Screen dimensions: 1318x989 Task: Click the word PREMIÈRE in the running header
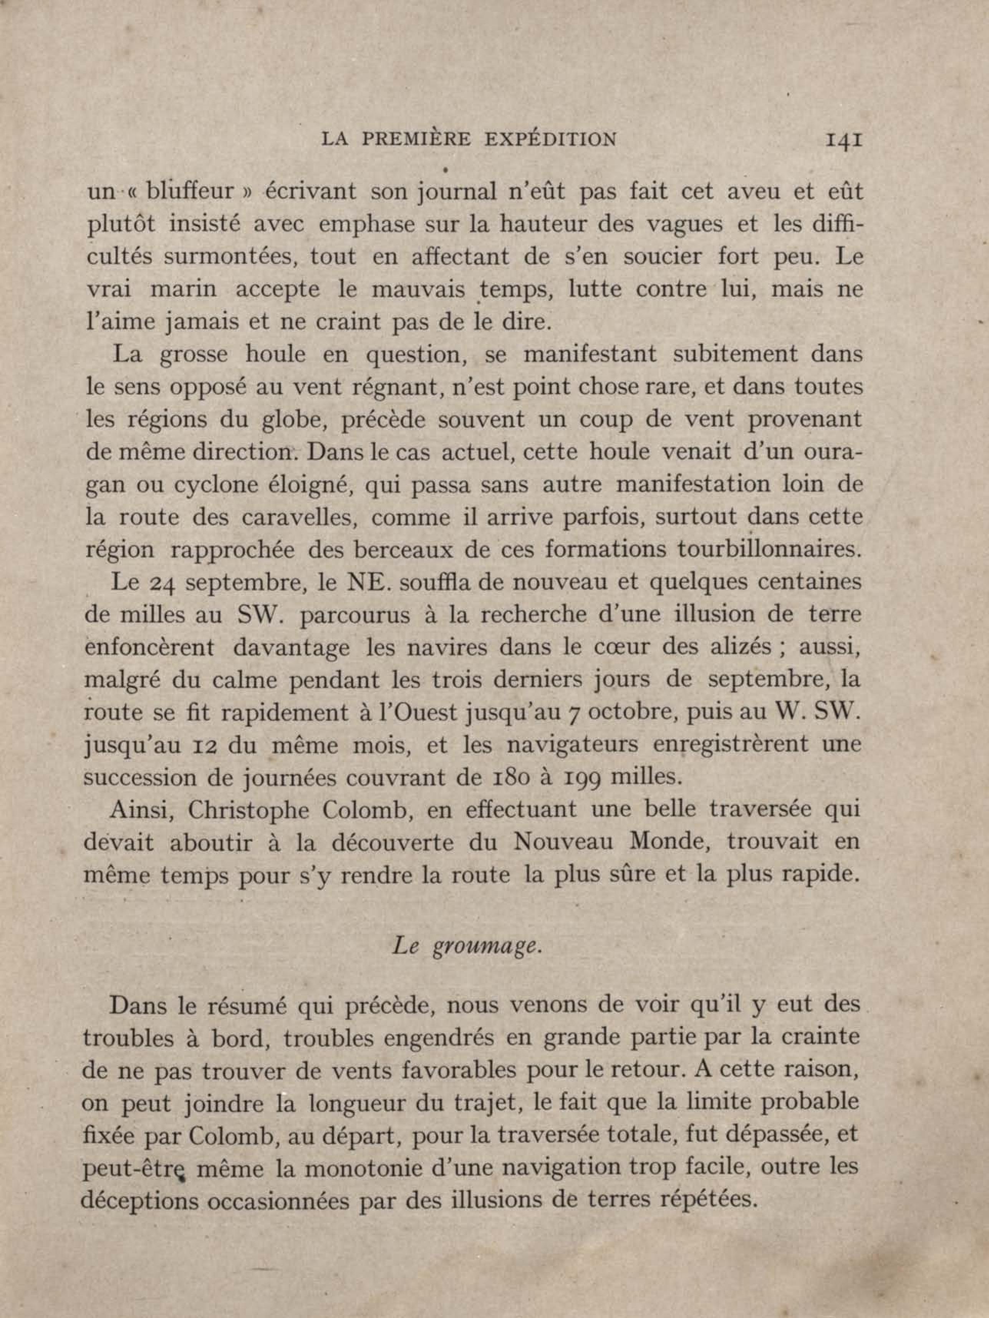[416, 140]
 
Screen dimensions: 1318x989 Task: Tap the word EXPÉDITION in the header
[551, 140]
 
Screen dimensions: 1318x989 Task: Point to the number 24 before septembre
[160, 584]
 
